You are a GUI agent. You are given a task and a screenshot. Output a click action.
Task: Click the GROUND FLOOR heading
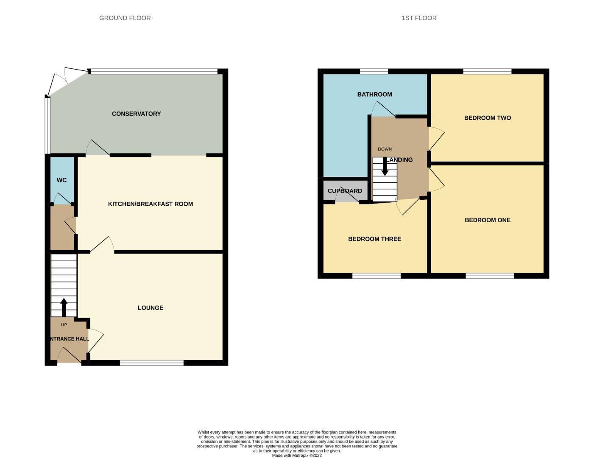[x=125, y=18]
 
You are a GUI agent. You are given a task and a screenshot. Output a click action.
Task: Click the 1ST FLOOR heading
[x=419, y=18]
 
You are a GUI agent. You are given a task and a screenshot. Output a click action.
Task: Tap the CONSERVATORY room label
[x=136, y=114]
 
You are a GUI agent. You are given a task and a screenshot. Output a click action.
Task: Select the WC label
[x=61, y=180]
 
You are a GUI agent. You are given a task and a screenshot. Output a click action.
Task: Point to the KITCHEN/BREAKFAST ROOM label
[x=150, y=204]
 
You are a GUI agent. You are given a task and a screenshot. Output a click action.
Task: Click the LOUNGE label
[x=150, y=308]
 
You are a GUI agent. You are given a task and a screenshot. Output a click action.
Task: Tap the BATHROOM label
[x=374, y=95]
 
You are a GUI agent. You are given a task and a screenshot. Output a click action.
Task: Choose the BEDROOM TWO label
[x=487, y=118]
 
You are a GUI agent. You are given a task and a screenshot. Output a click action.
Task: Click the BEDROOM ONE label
[x=487, y=220]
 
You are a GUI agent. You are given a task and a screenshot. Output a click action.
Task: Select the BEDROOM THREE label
[x=374, y=239]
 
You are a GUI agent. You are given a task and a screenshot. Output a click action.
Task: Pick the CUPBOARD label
[x=345, y=191]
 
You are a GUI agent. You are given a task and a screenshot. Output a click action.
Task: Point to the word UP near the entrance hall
[x=64, y=325]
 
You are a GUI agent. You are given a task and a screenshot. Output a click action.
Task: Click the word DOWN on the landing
[x=385, y=149]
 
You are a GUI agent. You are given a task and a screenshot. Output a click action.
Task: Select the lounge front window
[x=152, y=363]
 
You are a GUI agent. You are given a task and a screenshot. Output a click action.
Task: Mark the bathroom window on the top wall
[x=374, y=71]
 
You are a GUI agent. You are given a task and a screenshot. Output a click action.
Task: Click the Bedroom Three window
[x=376, y=276]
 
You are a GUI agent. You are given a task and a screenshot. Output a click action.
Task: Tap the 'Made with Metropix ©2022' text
[x=297, y=455]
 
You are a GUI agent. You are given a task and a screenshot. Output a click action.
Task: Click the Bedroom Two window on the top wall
[x=487, y=71]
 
